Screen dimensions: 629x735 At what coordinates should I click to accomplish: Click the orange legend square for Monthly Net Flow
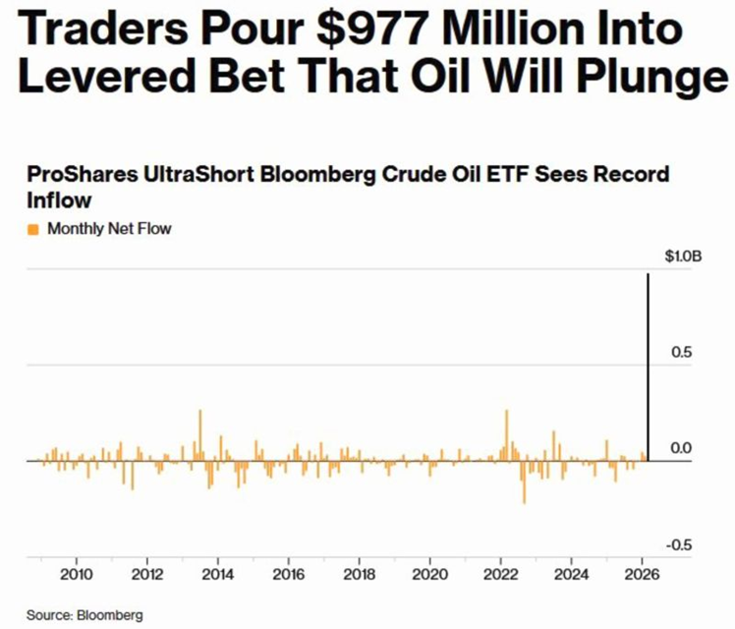pos(32,229)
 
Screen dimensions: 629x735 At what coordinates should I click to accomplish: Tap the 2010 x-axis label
pos(77,575)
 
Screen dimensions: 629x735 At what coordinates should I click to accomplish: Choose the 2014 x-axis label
pos(218,575)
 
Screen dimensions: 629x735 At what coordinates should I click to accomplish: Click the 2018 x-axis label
pos(360,575)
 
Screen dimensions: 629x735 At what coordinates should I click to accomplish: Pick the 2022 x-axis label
pos(501,575)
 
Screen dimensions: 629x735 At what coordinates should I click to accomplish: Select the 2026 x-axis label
pos(643,575)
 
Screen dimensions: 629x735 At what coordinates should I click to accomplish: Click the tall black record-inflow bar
pos(648,364)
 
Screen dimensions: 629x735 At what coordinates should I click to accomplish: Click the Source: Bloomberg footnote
pos(85,615)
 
